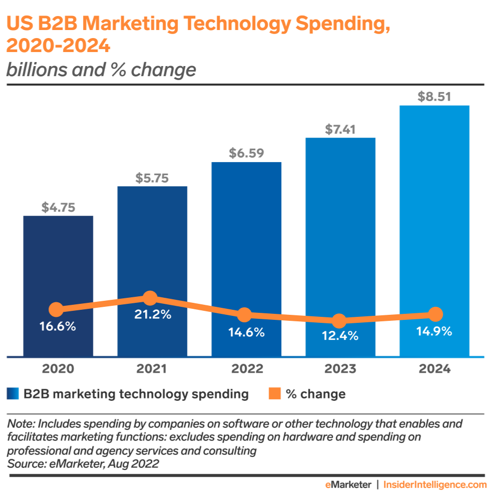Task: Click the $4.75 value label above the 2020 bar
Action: click(58, 207)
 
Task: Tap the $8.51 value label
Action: click(434, 97)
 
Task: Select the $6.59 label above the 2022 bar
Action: click(246, 153)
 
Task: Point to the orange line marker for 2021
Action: click(150, 298)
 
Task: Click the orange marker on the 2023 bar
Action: click(339, 321)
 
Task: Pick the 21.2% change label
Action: click(152, 315)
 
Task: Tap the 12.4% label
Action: click(340, 336)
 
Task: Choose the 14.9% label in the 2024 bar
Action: click(434, 331)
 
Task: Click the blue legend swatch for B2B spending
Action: click(13, 394)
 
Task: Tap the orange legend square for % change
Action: click(274, 394)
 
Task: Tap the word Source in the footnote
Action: click(24, 464)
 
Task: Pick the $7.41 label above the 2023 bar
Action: click(340, 129)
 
